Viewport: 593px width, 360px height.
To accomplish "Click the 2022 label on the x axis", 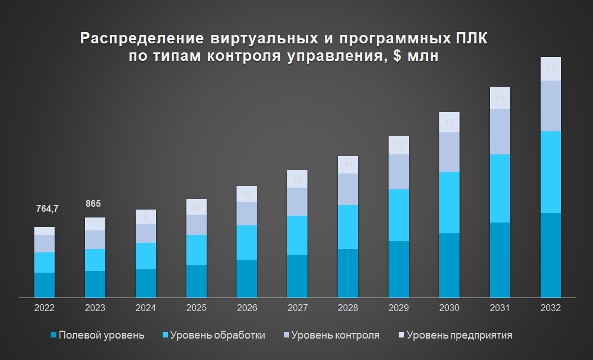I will pos(44,308).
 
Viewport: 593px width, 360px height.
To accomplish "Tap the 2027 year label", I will pos(297,308).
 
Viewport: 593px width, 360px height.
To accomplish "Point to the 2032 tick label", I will pos(550,308).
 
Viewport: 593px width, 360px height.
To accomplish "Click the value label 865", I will pos(94,203).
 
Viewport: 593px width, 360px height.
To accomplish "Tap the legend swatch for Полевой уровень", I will pos(53,335).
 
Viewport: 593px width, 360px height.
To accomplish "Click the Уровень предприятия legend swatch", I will pos(400,335).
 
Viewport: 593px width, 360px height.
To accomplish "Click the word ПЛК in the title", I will pos(474,39).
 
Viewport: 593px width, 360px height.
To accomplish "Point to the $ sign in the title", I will pos(391,56).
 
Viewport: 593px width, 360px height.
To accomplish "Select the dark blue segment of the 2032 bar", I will pos(550,255).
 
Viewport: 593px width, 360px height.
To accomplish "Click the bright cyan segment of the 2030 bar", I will pos(449,202).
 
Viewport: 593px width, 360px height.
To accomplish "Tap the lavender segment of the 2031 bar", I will pos(500,131).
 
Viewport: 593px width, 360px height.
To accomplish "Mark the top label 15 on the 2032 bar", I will pos(551,69).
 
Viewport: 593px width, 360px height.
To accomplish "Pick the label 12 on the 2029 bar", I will pos(398,146).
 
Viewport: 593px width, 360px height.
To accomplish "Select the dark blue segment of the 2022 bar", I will pos(44,285).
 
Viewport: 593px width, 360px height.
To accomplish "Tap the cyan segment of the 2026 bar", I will pos(246,243).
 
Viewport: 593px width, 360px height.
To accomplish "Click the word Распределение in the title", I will pos(144,39).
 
